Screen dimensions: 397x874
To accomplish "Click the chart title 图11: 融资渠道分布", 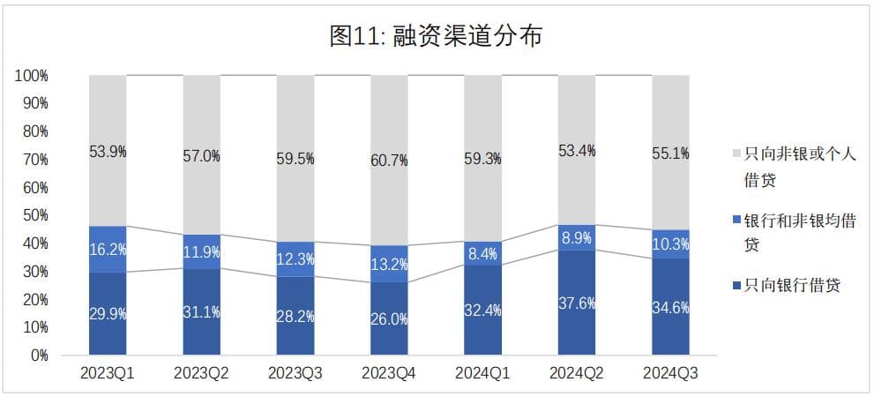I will click(436, 36).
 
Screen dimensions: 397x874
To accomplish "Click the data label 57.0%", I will click(202, 156).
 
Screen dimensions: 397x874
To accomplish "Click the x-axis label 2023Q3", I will click(295, 374).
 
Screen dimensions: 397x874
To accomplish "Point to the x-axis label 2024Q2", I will click(577, 374).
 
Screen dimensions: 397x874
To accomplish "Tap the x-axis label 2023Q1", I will click(108, 374).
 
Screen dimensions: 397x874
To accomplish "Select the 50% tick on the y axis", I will click(34, 215).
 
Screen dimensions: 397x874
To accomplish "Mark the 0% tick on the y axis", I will click(37, 356).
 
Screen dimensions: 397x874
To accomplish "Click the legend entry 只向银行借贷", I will click(790, 284).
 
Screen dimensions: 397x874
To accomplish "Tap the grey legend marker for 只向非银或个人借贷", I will click(736, 153).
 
